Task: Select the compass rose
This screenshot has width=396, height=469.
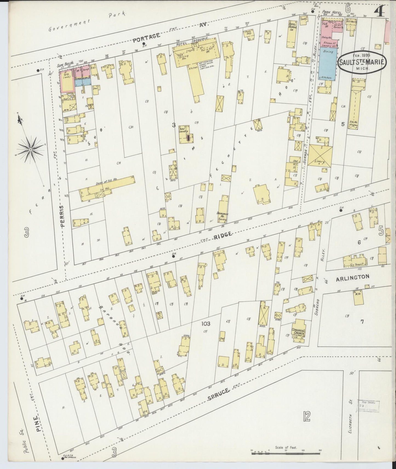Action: tap(31, 149)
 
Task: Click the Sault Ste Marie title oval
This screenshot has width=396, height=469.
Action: tap(362, 62)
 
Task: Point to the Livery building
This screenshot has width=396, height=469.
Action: tap(320, 156)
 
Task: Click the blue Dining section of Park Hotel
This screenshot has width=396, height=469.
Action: tap(328, 63)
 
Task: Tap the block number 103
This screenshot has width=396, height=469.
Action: tap(206, 324)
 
